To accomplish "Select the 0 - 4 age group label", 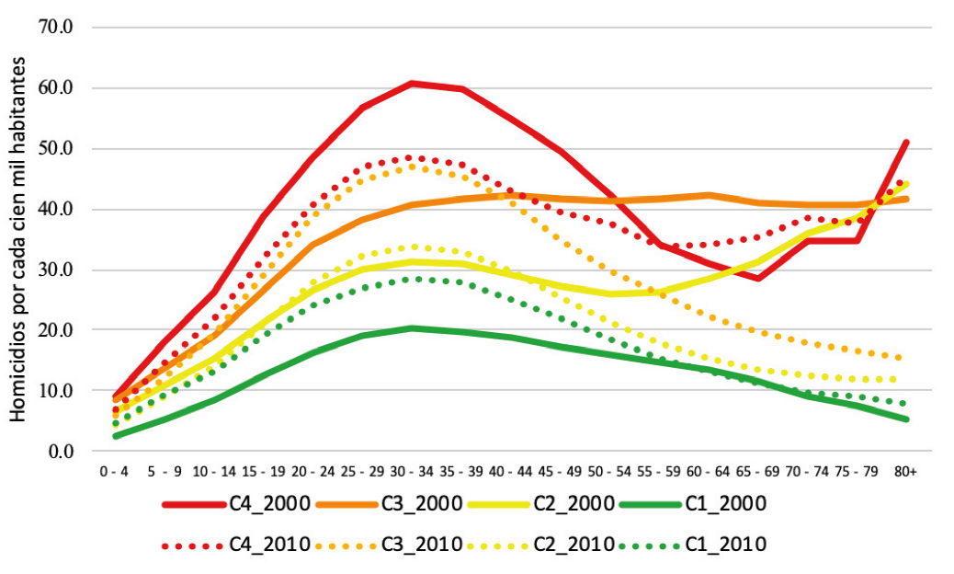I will point(115,471).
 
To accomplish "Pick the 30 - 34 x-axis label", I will point(412,471).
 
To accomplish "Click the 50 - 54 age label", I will point(609,471).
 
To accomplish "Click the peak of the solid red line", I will point(412,83).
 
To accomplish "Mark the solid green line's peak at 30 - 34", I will point(412,327).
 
